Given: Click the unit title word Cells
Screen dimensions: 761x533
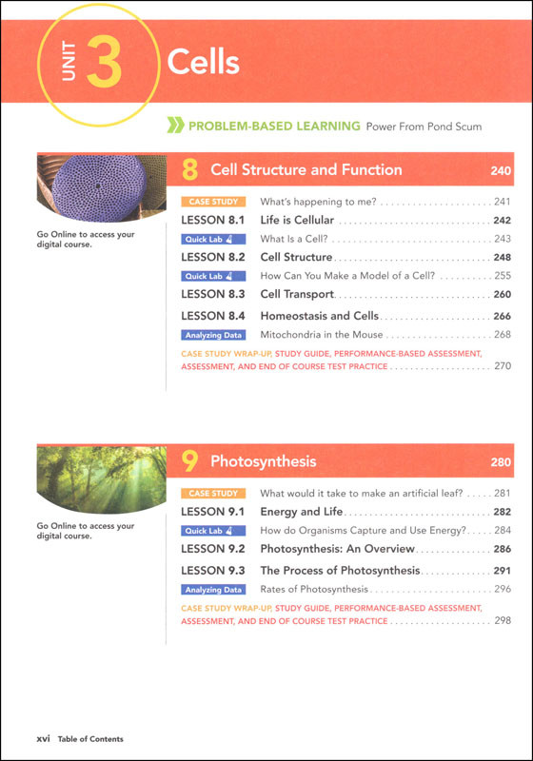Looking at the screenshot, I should coord(203,63).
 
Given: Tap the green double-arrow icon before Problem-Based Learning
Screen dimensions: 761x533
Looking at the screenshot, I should coord(174,126).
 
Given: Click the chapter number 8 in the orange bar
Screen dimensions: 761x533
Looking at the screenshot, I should coord(190,170).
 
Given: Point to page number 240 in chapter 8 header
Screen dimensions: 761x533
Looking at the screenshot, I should coord(501,171).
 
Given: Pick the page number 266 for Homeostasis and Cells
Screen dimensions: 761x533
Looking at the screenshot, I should coord(502,316).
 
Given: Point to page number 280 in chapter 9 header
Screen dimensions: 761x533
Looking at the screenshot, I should coord(501,463).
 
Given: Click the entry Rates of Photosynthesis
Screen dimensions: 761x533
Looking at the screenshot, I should coord(313,590).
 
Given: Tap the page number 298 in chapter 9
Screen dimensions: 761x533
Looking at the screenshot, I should coord(502,620).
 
